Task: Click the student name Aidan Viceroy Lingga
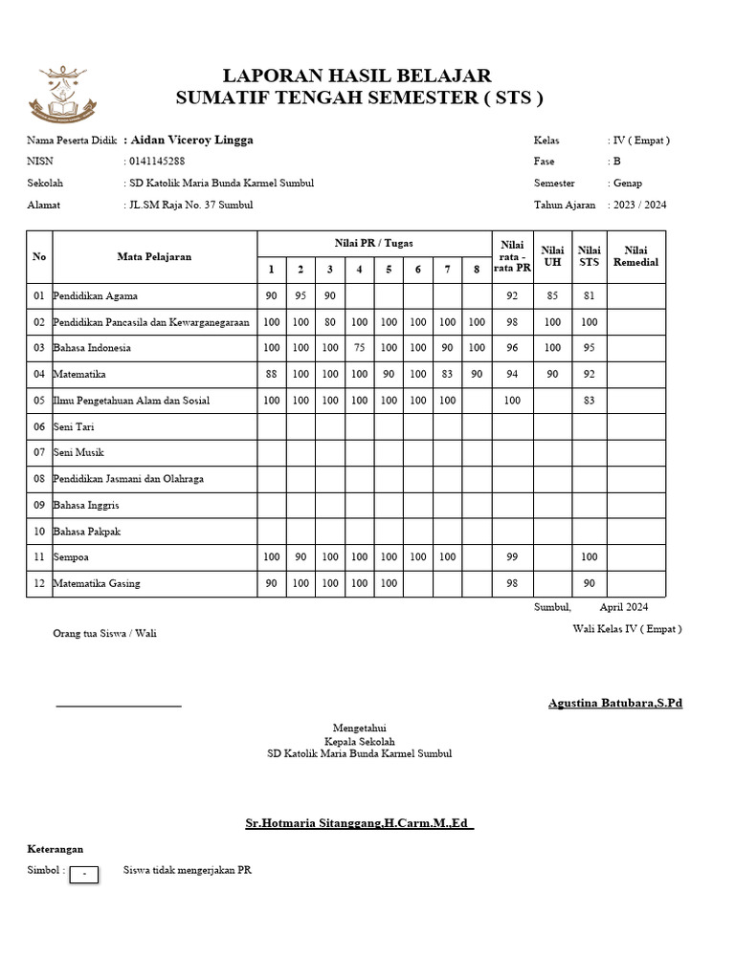[191, 140]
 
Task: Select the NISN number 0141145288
[158, 162]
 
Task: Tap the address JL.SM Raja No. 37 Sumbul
[192, 205]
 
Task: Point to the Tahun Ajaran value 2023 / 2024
[640, 205]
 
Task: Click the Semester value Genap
[628, 183]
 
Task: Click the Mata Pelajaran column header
[154, 256]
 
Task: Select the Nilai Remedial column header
[635, 256]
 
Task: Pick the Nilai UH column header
[552, 256]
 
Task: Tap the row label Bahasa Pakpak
[87, 531]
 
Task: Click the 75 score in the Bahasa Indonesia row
[359, 348]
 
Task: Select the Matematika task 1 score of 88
[271, 375]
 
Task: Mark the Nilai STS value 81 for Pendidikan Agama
[589, 296]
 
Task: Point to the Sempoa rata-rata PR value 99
[512, 556]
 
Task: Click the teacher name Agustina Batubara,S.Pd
[614, 704]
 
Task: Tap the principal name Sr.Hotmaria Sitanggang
[359, 823]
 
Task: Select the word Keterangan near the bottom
[55, 849]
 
